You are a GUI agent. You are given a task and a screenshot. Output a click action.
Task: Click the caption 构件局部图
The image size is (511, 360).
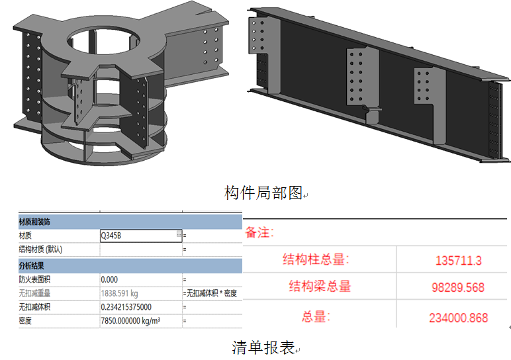[263, 193]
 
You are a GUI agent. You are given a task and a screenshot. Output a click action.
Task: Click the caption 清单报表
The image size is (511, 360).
[263, 347]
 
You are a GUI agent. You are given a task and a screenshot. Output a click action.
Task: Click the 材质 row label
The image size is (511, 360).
[26, 236]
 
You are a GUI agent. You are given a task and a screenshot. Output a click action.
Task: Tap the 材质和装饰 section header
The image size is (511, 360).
[36, 221]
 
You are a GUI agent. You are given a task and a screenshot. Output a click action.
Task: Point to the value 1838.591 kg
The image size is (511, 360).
[119, 293]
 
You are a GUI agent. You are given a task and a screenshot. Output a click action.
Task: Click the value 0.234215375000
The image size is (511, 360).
[126, 307]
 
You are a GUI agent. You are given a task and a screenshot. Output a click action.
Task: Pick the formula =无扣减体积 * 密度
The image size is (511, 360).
[210, 293]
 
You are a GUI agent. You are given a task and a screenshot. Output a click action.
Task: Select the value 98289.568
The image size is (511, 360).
[454, 288]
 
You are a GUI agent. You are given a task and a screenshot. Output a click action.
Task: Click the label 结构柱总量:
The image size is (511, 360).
[316, 259]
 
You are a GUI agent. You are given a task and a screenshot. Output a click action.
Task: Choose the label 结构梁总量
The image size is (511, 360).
[320, 286]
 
